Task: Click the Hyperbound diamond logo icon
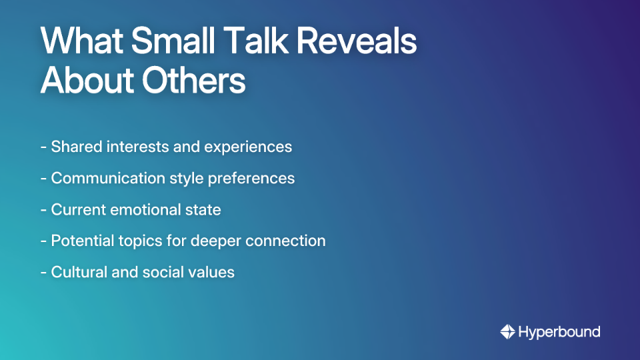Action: pos(507,331)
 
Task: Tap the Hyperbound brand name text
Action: pos(559,332)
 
